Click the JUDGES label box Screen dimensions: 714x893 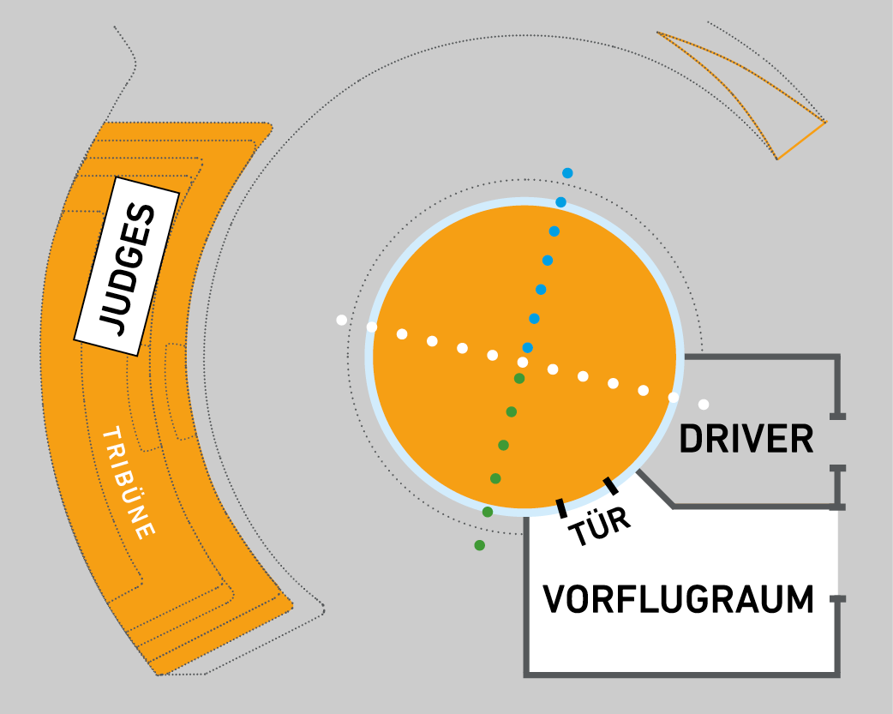pos(127,267)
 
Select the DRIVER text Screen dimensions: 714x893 pos(746,440)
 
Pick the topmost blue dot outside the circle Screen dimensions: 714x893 pos(567,173)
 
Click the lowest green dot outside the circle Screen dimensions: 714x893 pos(479,545)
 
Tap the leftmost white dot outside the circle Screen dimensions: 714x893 pos(341,321)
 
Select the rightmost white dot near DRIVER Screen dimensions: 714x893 pos(704,405)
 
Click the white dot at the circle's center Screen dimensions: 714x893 pos(523,363)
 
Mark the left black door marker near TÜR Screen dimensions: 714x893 pos(561,508)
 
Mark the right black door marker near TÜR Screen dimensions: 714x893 pos(611,486)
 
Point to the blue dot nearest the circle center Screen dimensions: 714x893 pos(528,347)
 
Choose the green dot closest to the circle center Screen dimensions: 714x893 pos(519,378)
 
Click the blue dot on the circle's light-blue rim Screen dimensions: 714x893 pos(561,202)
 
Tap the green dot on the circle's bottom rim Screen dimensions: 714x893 pos(488,512)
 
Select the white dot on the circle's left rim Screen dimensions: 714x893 pos(372,327)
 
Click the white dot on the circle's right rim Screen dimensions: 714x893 pos(674,397)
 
